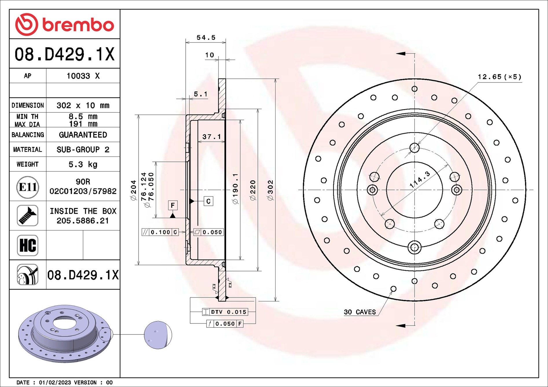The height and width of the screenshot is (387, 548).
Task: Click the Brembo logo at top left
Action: (64, 25)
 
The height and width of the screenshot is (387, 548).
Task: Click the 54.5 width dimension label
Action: (206, 38)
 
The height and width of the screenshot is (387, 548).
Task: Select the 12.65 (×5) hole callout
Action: (499, 77)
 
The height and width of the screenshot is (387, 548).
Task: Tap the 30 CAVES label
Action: (360, 312)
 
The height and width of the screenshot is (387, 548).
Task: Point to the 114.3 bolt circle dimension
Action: (419, 179)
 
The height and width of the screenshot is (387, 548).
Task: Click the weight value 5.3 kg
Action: (83, 164)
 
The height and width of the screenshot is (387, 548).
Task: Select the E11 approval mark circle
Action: (28, 187)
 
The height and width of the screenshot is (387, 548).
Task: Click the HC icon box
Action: (28, 245)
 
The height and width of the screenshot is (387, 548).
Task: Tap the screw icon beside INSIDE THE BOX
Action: (28, 216)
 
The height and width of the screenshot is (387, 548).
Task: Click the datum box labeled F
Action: (173, 205)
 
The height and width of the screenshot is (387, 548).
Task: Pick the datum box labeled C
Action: (208, 201)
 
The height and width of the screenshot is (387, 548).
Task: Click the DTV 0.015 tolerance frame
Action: (225, 312)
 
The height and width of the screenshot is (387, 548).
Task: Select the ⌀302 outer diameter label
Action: (270, 190)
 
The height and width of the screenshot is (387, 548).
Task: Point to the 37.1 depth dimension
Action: (211, 137)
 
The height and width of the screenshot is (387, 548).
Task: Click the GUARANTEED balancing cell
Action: (83, 135)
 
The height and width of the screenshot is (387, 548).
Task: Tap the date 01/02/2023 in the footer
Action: (55, 382)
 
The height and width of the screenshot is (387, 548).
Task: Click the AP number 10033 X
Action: (83, 76)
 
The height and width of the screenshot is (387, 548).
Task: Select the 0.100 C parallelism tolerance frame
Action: (160, 232)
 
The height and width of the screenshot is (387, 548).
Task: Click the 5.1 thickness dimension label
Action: (200, 94)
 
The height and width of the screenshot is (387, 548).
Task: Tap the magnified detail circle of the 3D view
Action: (158, 335)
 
